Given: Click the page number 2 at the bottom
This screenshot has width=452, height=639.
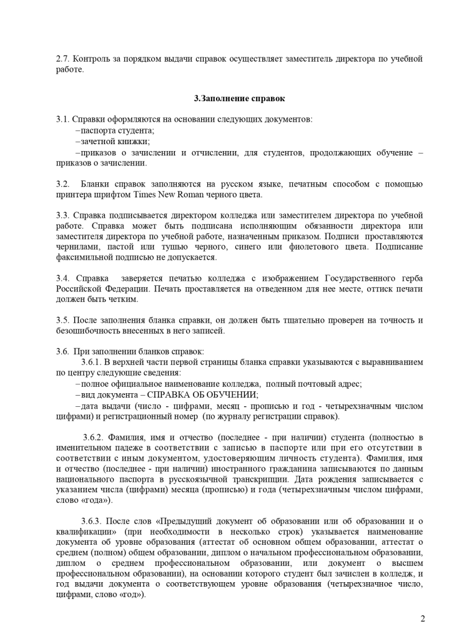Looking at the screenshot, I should coord(423,619).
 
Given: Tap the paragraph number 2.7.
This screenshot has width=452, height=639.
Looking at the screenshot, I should coord(62,59).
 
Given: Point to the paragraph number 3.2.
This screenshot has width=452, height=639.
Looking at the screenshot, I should coord(62,184).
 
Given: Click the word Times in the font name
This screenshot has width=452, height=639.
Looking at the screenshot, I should coord(144,195).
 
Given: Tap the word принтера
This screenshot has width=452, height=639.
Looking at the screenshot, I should coord(73,195).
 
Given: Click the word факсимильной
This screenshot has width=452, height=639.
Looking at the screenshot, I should coord(85,258).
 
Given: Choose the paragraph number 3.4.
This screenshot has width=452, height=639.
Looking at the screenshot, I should coord(62,278).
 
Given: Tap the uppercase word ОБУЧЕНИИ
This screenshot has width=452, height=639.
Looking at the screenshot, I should coord(230,394).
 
